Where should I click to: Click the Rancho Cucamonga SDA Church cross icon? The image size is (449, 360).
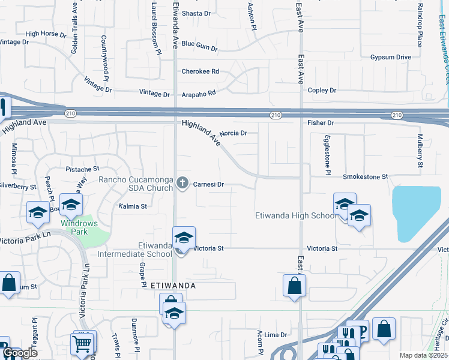click(x=183, y=183)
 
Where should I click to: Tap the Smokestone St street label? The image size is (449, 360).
click(x=366, y=177)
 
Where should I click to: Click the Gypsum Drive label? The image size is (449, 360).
click(x=390, y=57)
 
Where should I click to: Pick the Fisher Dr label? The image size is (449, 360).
click(x=320, y=122)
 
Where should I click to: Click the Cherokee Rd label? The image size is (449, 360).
click(x=200, y=71)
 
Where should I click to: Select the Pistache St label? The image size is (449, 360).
click(x=82, y=170)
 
